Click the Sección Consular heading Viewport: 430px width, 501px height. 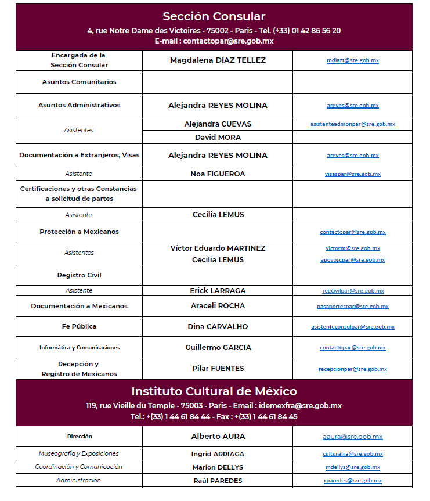pyautogui.click(x=214, y=16)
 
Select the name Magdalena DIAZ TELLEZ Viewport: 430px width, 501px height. pyautogui.click(x=218, y=60)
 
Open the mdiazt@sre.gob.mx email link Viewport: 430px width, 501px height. pyautogui.click(x=352, y=60)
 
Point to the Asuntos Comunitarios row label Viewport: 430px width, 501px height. pyautogui.click(x=79, y=82)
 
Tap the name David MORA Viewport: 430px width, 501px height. pyautogui.click(x=218, y=138)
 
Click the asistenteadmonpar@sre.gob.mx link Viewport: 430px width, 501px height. pyautogui.click(x=352, y=124)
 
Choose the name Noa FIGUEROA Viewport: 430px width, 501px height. pyautogui.click(x=218, y=174)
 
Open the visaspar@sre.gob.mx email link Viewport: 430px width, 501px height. pyautogui.click(x=352, y=174)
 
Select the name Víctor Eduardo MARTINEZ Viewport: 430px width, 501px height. pyautogui.click(x=218, y=248)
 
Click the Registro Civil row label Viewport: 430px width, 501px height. pyautogui.click(x=79, y=275)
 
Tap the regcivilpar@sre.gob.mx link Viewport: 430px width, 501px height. pyautogui.click(x=352, y=291)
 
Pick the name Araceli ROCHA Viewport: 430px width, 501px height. pyautogui.click(x=218, y=306)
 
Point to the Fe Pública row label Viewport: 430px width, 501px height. pyautogui.click(x=79, y=326)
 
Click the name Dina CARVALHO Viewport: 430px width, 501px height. pyautogui.click(x=218, y=327)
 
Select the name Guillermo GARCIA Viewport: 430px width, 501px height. pyautogui.click(x=218, y=348)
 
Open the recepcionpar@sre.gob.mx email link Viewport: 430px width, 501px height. pyautogui.click(x=352, y=369)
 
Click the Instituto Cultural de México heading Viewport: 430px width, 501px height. pyautogui.click(x=214, y=391)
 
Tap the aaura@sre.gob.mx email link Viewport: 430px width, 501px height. pyautogui.click(x=352, y=437)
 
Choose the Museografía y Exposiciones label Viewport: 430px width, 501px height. pyautogui.click(x=79, y=453)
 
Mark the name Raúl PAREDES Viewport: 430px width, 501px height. pyautogui.click(x=218, y=481)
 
